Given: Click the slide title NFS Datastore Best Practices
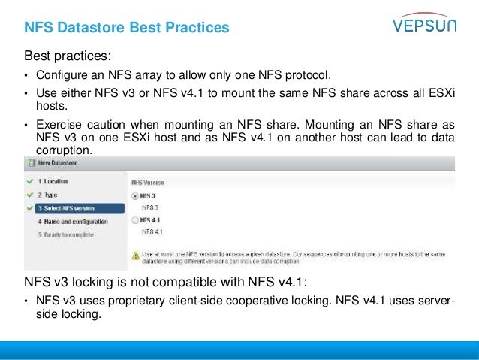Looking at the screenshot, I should (126, 29).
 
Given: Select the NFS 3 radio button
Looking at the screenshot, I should (135, 195).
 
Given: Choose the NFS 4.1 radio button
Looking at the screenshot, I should (135, 220).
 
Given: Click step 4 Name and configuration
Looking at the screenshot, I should (73, 222).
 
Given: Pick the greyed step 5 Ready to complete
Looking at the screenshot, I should (65, 234).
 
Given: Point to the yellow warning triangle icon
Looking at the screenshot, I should (136, 256).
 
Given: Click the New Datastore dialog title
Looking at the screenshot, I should (63, 162).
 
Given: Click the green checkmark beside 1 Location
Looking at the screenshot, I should (29, 182).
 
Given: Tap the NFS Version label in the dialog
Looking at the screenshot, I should (148, 182).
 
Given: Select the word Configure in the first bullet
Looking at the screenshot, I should (62, 76).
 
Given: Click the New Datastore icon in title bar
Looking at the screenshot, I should (31, 162).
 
